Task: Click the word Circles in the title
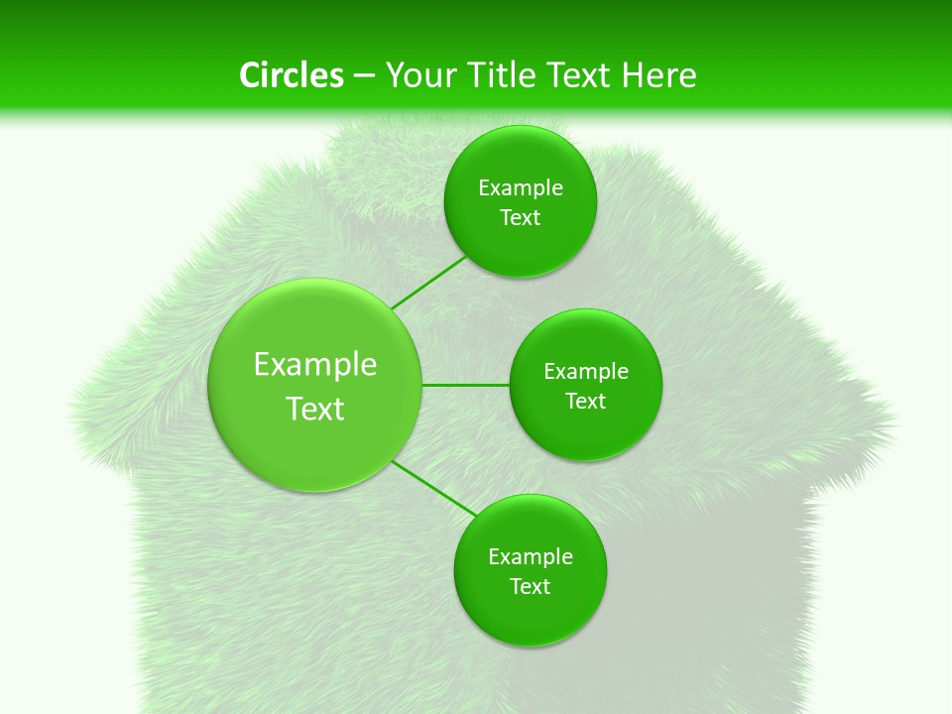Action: (x=291, y=75)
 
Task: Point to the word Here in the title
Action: (x=658, y=75)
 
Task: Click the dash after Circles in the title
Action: (x=364, y=76)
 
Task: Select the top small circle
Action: (x=520, y=248)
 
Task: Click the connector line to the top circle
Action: (x=428, y=282)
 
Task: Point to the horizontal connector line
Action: (x=465, y=385)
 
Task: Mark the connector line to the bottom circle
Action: (x=434, y=488)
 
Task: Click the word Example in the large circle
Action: (x=314, y=365)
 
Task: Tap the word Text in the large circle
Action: (x=314, y=409)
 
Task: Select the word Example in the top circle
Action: (x=521, y=188)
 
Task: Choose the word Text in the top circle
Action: (x=520, y=218)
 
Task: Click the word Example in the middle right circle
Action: (x=586, y=372)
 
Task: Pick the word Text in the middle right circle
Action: (x=585, y=402)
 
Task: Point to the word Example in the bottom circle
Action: (x=531, y=557)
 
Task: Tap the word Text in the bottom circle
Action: (x=530, y=587)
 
